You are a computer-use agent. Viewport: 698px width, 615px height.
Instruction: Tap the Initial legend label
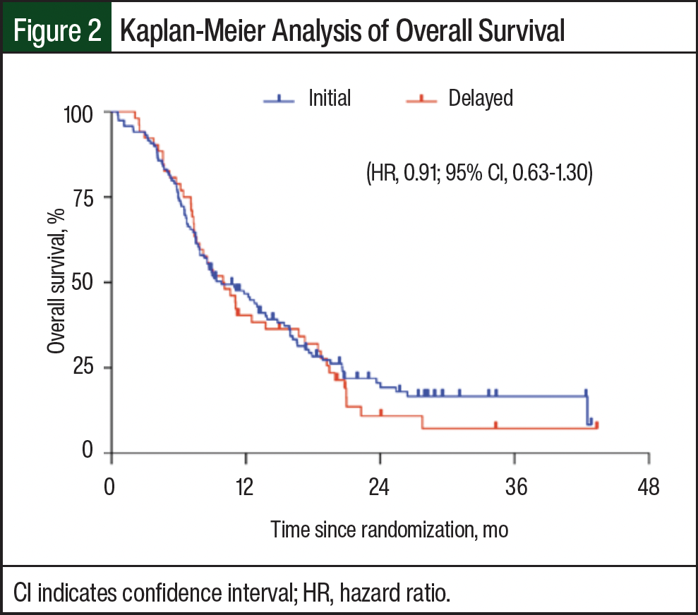pos(329,98)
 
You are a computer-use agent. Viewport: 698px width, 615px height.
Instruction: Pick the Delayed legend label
pos(481,98)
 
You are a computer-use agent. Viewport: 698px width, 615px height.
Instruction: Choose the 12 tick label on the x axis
pos(245,487)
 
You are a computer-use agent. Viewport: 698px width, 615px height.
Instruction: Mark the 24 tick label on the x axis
pos(380,487)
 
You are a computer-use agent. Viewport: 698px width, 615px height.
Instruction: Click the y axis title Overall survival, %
pos(57,282)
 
